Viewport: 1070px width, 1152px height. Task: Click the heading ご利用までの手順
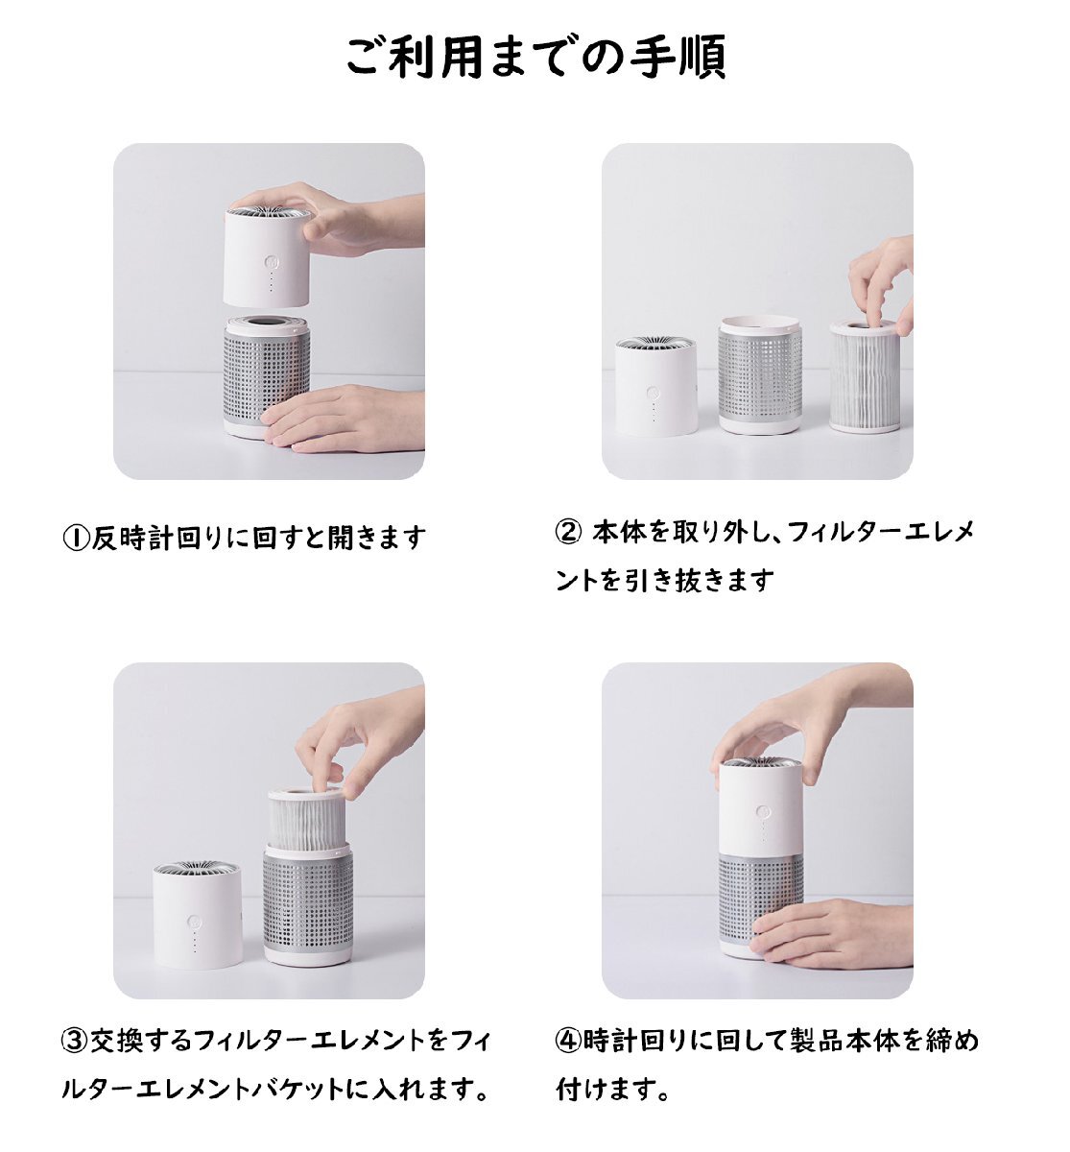535,58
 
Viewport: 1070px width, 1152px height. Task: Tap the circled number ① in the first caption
76,539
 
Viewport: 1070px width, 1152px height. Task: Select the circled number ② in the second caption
568,531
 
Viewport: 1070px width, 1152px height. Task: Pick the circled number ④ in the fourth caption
568,1041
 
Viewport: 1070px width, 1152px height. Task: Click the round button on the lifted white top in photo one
272,262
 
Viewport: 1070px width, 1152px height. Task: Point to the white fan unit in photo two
654,386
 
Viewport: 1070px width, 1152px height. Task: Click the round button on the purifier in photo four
761,811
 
